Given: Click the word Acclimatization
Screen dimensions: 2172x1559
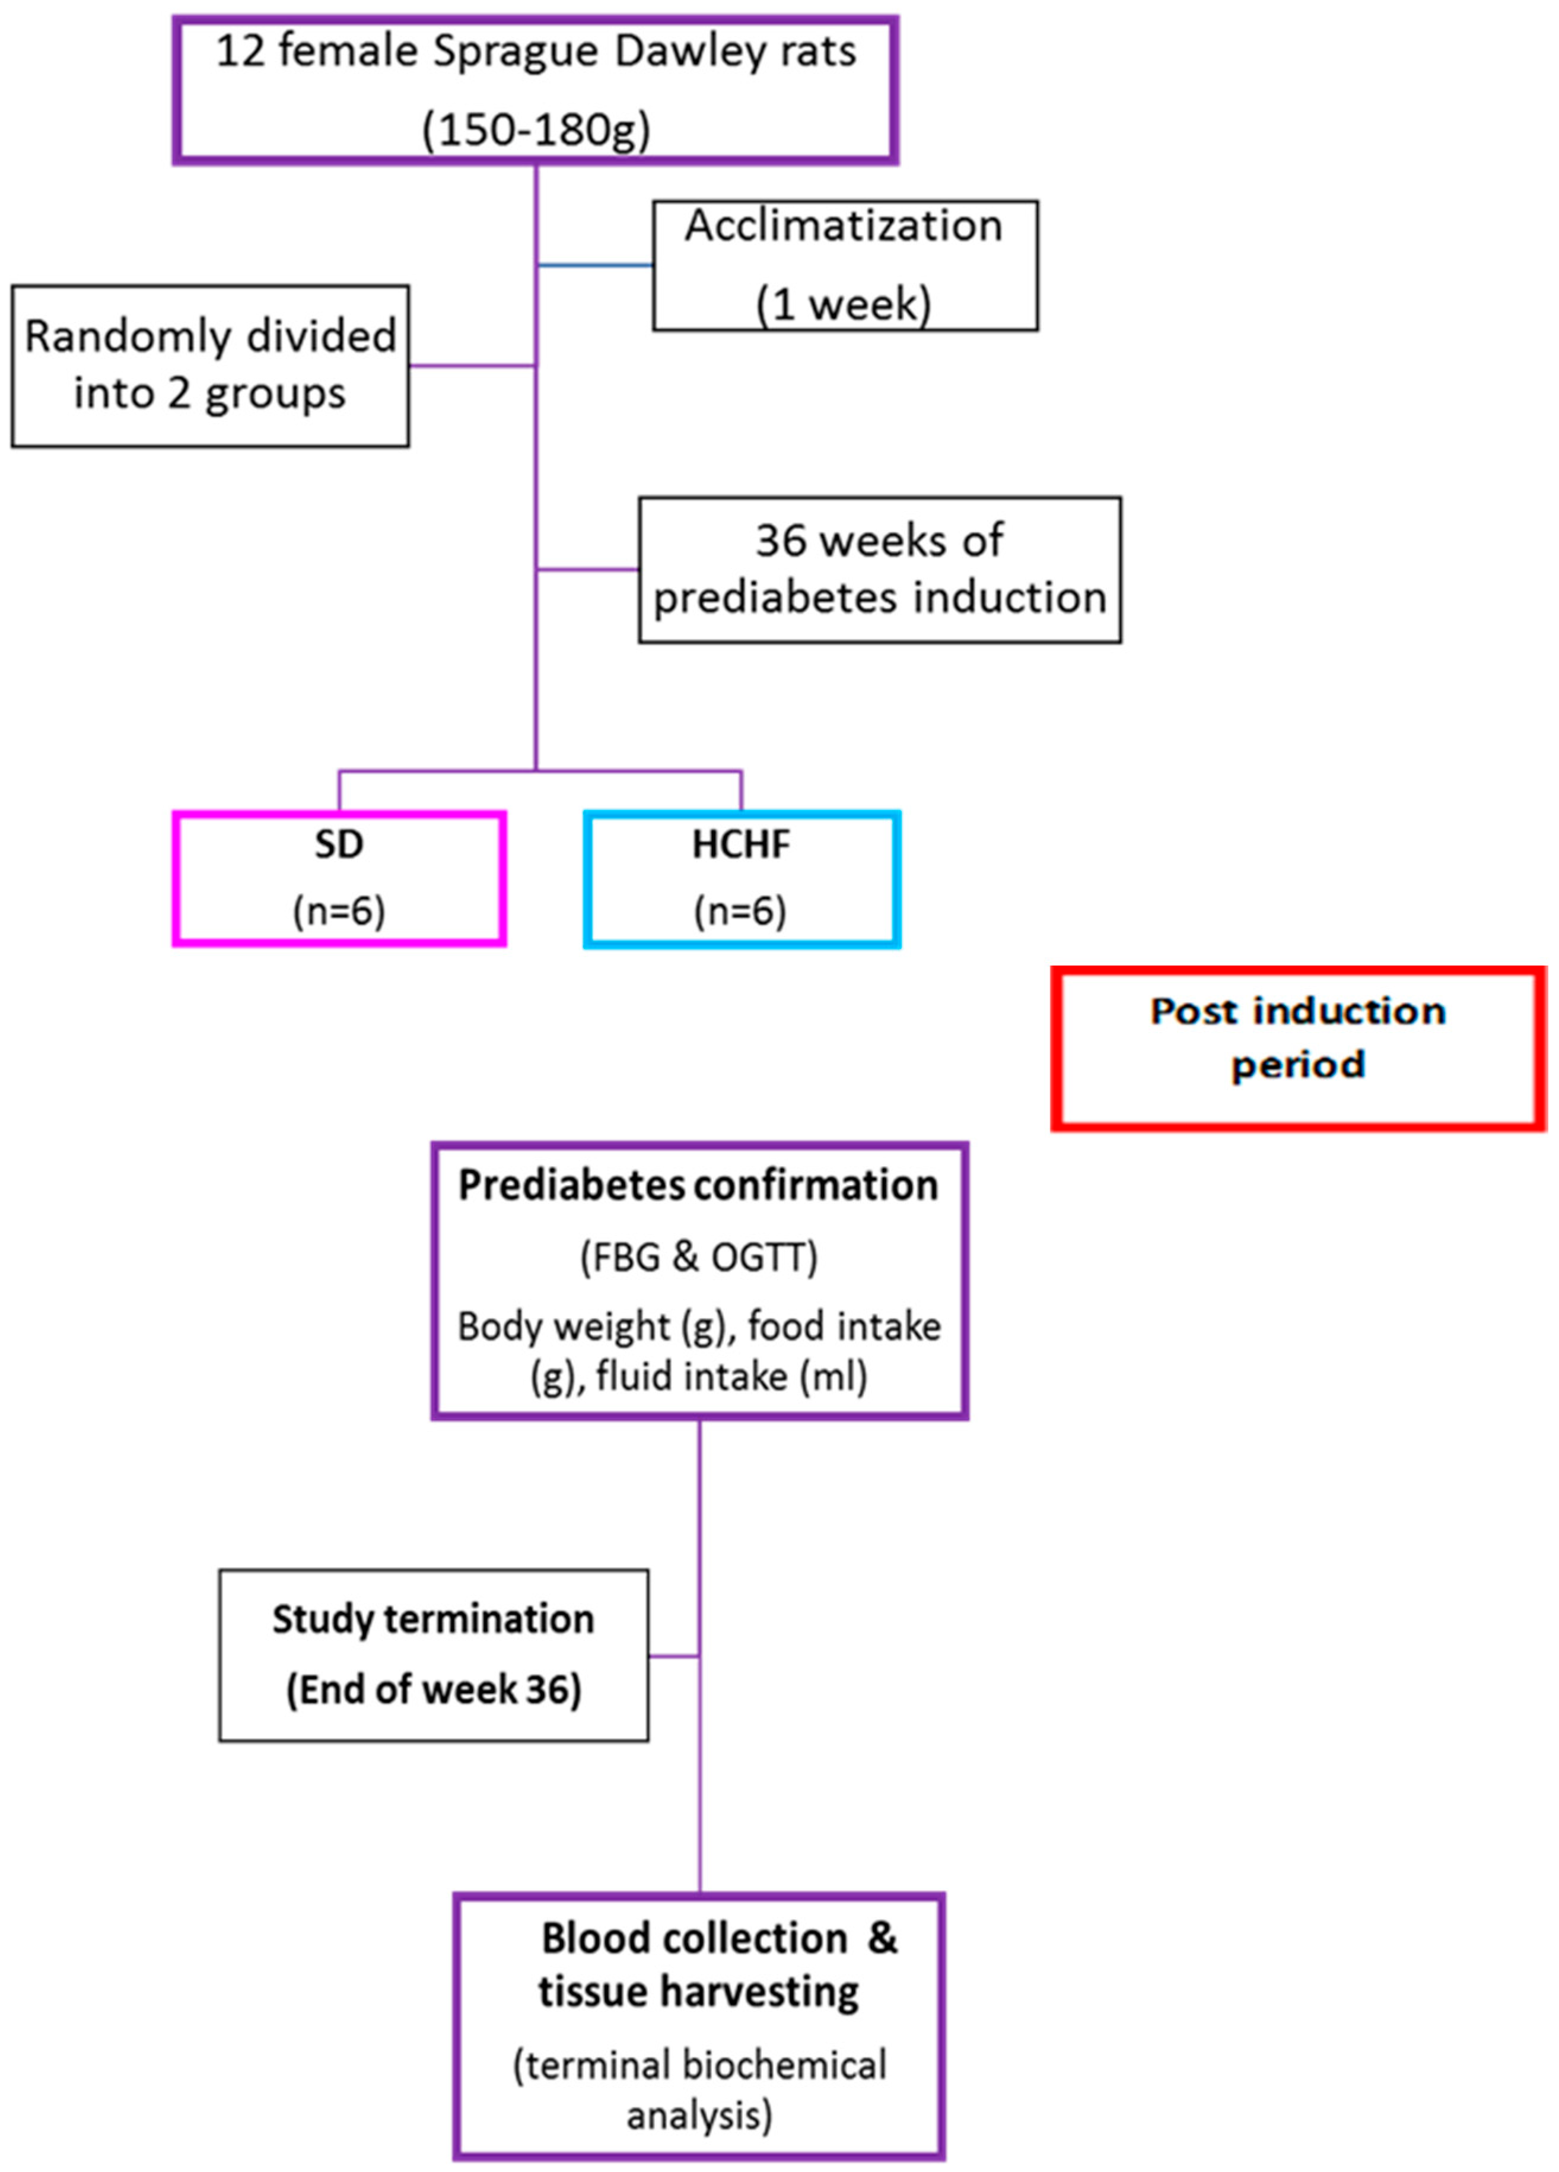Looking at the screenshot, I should [843, 227].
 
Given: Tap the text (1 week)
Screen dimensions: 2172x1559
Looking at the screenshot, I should [843, 304].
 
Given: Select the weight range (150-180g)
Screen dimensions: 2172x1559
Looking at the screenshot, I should [535, 128].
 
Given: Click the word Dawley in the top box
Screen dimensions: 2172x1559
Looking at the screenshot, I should [689, 52].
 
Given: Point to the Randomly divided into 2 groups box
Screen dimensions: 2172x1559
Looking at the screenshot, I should [210, 366].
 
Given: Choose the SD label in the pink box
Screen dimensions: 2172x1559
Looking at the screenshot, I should [339, 844].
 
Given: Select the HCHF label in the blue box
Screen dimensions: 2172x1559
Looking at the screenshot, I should [741, 844].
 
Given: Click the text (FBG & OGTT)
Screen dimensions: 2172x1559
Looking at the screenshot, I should [698, 1256].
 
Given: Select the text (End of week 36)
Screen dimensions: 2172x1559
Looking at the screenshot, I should [433, 1690].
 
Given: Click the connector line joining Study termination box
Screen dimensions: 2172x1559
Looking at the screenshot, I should [673, 1656].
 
